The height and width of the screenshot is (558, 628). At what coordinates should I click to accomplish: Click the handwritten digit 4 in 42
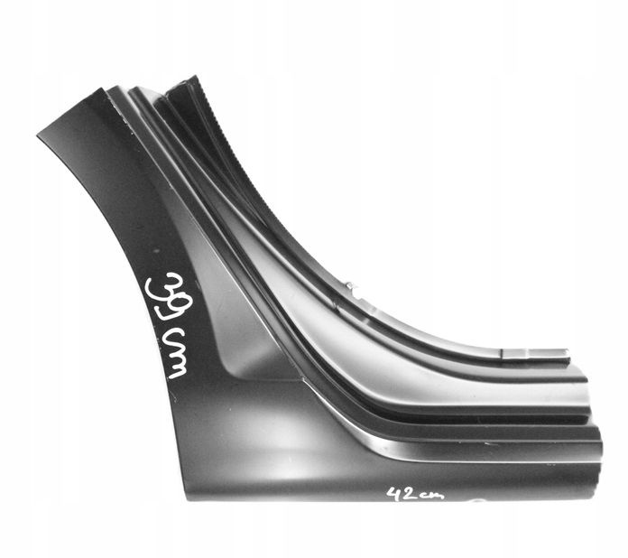[x=393, y=493]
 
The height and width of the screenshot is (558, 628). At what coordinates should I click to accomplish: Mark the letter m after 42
[x=435, y=496]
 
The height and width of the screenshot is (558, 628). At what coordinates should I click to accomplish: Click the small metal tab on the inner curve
[x=353, y=290]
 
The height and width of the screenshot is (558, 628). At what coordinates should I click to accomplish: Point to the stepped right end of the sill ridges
[x=591, y=424]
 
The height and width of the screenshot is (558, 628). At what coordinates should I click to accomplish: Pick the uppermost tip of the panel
[x=190, y=78]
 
